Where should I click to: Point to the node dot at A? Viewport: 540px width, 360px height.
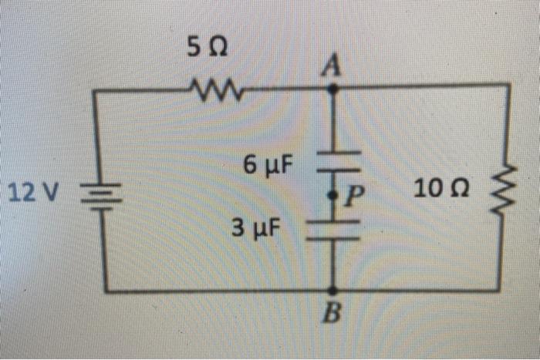click(x=333, y=89)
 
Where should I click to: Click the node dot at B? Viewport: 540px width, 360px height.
click(x=333, y=291)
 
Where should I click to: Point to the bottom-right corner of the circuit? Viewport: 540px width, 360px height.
click(x=509, y=291)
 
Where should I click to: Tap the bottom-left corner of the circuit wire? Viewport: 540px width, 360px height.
click(x=106, y=291)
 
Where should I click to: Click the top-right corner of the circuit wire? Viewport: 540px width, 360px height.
click(x=508, y=86)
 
